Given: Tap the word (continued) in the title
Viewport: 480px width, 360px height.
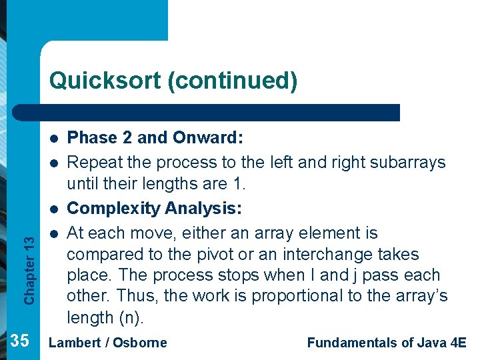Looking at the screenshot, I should (x=232, y=81).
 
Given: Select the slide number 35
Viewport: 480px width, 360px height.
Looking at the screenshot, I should (x=20, y=341).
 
